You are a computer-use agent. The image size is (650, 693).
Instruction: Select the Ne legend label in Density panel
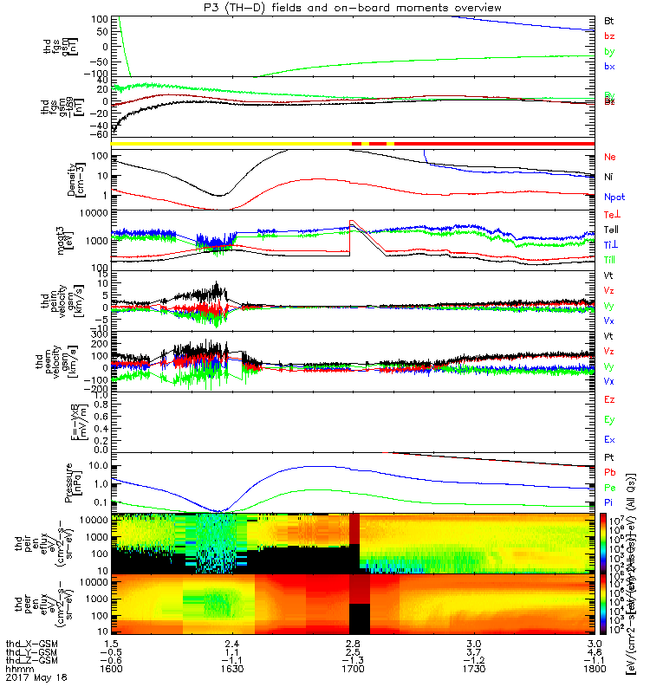click(608, 158)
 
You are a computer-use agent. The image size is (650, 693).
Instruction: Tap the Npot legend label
click(613, 197)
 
